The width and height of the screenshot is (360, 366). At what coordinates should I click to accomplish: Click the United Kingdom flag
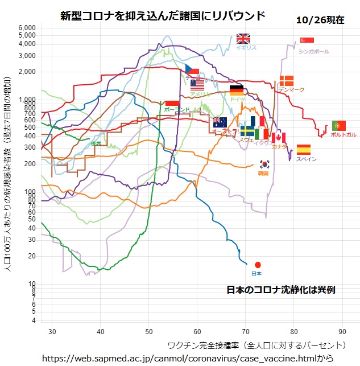click(x=243, y=39)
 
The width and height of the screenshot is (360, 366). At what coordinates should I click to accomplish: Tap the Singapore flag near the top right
click(x=307, y=40)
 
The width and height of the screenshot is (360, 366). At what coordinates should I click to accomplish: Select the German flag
click(x=237, y=89)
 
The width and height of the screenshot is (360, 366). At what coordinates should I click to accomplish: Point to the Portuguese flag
click(x=340, y=126)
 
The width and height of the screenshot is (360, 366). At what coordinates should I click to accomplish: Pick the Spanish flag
click(x=304, y=150)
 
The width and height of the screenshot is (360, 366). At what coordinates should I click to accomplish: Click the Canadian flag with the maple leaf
click(x=278, y=138)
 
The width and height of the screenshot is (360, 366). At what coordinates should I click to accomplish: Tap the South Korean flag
click(x=264, y=165)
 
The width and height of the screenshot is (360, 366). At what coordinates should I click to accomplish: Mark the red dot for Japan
click(x=258, y=265)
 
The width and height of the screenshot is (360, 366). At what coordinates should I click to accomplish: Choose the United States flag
click(x=197, y=85)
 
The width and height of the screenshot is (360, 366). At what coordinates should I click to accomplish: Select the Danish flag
click(x=286, y=81)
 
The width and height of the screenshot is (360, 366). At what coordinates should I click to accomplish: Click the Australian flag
click(x=220, y=122)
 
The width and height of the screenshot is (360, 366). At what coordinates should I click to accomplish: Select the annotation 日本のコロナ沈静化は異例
click(x=281, y=289)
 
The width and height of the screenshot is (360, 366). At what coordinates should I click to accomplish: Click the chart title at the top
click(x=163, y=15)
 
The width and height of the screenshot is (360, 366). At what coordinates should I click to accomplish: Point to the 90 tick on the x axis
click(x=342, y=331)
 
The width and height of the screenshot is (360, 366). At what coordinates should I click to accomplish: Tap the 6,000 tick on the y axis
click(x=27, y=27)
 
